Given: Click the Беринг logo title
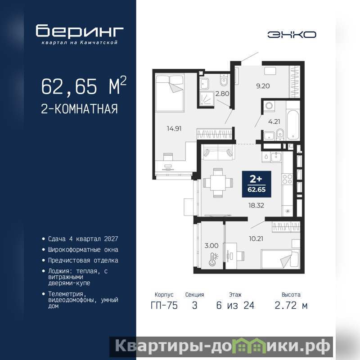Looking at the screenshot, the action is coord(80,31).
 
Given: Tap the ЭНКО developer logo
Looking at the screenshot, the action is coord(292,35).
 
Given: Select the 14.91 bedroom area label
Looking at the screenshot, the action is coord(174,129).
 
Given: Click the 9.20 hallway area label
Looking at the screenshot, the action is coord(263,86).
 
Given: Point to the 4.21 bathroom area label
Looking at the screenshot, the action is coord(274,121).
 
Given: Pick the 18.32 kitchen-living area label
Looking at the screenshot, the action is coord(256,206).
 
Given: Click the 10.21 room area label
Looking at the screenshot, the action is coord(256,239).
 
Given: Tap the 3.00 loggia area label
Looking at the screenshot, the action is coord(211,246).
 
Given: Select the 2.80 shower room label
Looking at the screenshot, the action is coord(222,94).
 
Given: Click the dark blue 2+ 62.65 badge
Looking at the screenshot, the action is coord(256,184).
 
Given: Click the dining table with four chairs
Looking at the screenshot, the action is coord(218,183).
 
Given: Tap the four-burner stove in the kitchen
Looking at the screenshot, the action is coord(287,179).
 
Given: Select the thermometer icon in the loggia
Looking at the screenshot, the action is coord(213,259).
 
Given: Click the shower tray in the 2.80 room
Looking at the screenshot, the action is coord(207,99).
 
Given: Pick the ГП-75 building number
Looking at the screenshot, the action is coord(164,306).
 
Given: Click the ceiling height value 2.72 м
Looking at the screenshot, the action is coord(291,306).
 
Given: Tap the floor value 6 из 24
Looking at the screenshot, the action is coord(235,306).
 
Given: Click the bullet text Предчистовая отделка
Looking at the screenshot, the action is coord(83,261).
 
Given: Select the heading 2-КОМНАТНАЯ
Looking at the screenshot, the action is coord(80,109).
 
